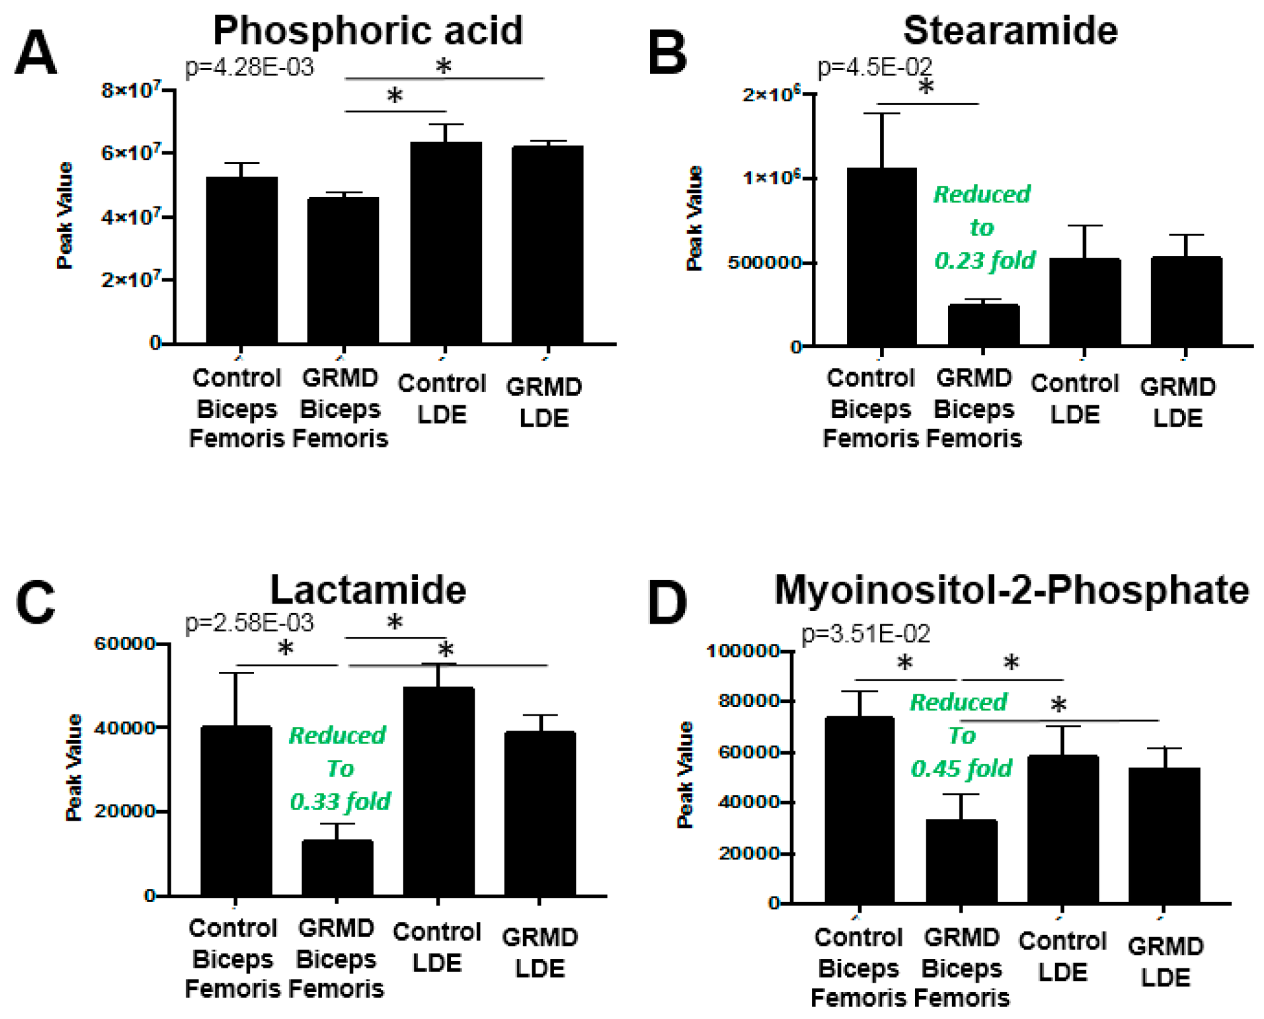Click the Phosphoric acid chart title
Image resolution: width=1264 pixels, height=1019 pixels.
pyautogui.click(x=368, y=30)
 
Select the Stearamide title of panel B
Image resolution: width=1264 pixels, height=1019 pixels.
pyautogui.click(x=1009, y=30)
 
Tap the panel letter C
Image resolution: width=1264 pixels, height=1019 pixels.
pyautogui.click(x=36, y=602)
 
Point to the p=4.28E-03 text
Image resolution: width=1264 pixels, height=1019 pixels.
pyautogui.click(x=249, y=66)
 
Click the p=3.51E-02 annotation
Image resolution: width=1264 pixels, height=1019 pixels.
pyautogui.click(x=866, y=634)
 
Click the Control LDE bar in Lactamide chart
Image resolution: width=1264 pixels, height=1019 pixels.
pyautogui.click(x=438, y=791)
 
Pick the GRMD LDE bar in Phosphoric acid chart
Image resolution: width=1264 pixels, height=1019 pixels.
pyautogui.click(x=547, y=244)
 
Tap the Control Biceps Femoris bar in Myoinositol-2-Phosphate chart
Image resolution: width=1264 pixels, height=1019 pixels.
pyautogui.click(x=859, y=809)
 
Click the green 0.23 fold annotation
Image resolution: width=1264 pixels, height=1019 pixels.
pyautogui.click(x=984, y=260)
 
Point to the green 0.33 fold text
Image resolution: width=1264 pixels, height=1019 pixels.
pyautogui.click(x=340, y=801)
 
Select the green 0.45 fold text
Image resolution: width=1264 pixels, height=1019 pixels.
pyautogui.click(x=961, y=768)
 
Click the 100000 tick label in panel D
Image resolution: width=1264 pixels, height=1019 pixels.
pyautogui.click(x=742, y=651)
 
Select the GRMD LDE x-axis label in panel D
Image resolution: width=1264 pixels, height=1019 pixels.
pyautogui.click(x=1165, y=961)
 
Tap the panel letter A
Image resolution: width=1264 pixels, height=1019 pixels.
pyautogui.click(x=36, y=53)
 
